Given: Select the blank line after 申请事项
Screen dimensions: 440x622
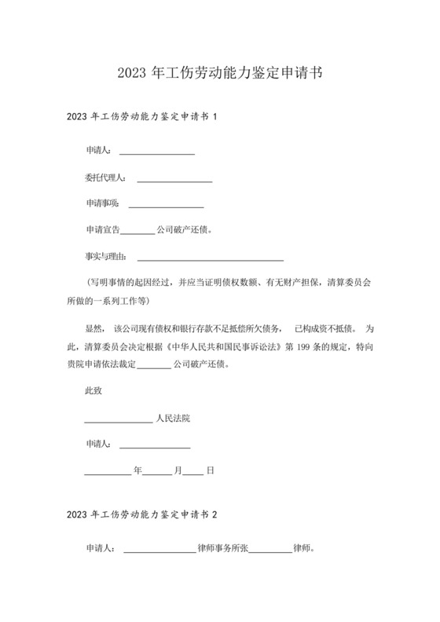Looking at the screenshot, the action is pos(166,206).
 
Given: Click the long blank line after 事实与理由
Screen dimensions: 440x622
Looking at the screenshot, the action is pos(210,258).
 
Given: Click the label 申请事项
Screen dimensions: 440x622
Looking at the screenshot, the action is pos(102,203).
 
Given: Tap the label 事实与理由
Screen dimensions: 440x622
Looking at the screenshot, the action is pos(106,256).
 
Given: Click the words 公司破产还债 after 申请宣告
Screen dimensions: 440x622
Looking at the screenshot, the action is pos(183,230).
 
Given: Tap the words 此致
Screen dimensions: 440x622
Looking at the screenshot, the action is pos(93,390).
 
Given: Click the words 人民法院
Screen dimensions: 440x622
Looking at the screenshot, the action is pos(173,418).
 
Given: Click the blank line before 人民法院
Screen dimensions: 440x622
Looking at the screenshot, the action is pos(118,421).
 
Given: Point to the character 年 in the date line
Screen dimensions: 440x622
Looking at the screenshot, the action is pos(137,470).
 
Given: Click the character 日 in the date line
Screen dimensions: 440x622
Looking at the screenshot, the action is pos(210,470).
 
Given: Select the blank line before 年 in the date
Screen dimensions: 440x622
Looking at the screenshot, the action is pos(108,474).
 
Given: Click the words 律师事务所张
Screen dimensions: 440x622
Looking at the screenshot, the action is pos(222,548).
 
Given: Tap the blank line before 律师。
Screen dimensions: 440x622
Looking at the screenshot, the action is pos(269,551).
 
